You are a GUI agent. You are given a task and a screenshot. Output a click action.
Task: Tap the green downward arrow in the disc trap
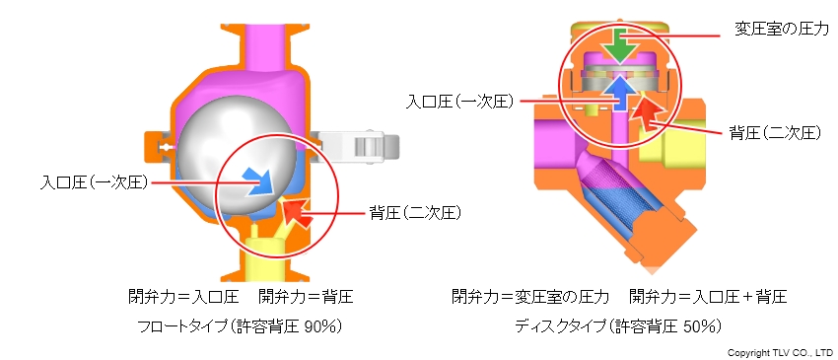pos(617,43)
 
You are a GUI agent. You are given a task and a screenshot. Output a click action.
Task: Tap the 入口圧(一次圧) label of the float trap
pos(93,182)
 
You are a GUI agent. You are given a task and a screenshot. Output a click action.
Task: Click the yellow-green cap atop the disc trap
pos(616,25)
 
